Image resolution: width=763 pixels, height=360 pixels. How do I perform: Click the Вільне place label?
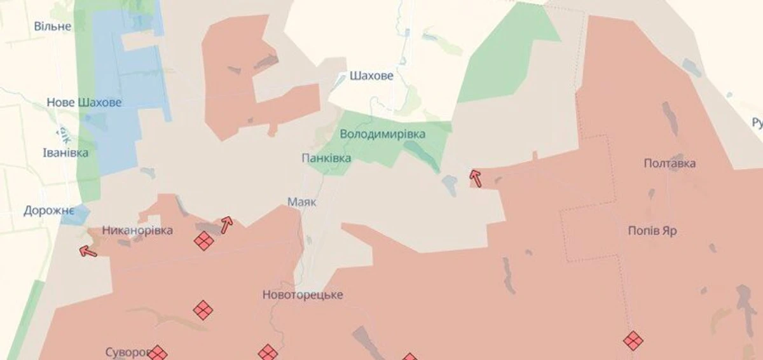tap(53, 27)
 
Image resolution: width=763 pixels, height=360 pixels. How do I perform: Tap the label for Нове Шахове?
tap(84, 102)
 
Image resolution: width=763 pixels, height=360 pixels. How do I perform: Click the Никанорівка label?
tap(137, 230)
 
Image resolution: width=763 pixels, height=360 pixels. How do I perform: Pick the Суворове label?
tap(127, 352)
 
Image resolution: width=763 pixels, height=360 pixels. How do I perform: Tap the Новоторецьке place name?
tap(303, 295)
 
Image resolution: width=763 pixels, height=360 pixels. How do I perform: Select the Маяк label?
tap(302, 202)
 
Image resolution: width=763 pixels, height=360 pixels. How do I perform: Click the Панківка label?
tap(326, 158)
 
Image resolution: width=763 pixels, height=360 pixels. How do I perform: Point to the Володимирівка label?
tap(383, 134)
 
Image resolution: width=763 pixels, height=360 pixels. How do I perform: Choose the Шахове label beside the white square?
tap(371, 76)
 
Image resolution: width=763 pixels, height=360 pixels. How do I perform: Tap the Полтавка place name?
tap(670, 163)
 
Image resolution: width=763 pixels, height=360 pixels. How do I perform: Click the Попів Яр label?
tap(652, 231)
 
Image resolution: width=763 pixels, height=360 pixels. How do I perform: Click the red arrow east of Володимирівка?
tap(475, 178)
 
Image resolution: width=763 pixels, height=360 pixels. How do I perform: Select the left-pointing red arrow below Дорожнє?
tap(88, 252)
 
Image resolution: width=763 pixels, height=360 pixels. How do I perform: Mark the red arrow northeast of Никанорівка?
tap(226, 224)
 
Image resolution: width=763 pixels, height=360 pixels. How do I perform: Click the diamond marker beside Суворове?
tap(158, 354)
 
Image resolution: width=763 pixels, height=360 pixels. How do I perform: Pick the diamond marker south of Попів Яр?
tap(633, 340)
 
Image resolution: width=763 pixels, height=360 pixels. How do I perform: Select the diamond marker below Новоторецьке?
tap(268, 352)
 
